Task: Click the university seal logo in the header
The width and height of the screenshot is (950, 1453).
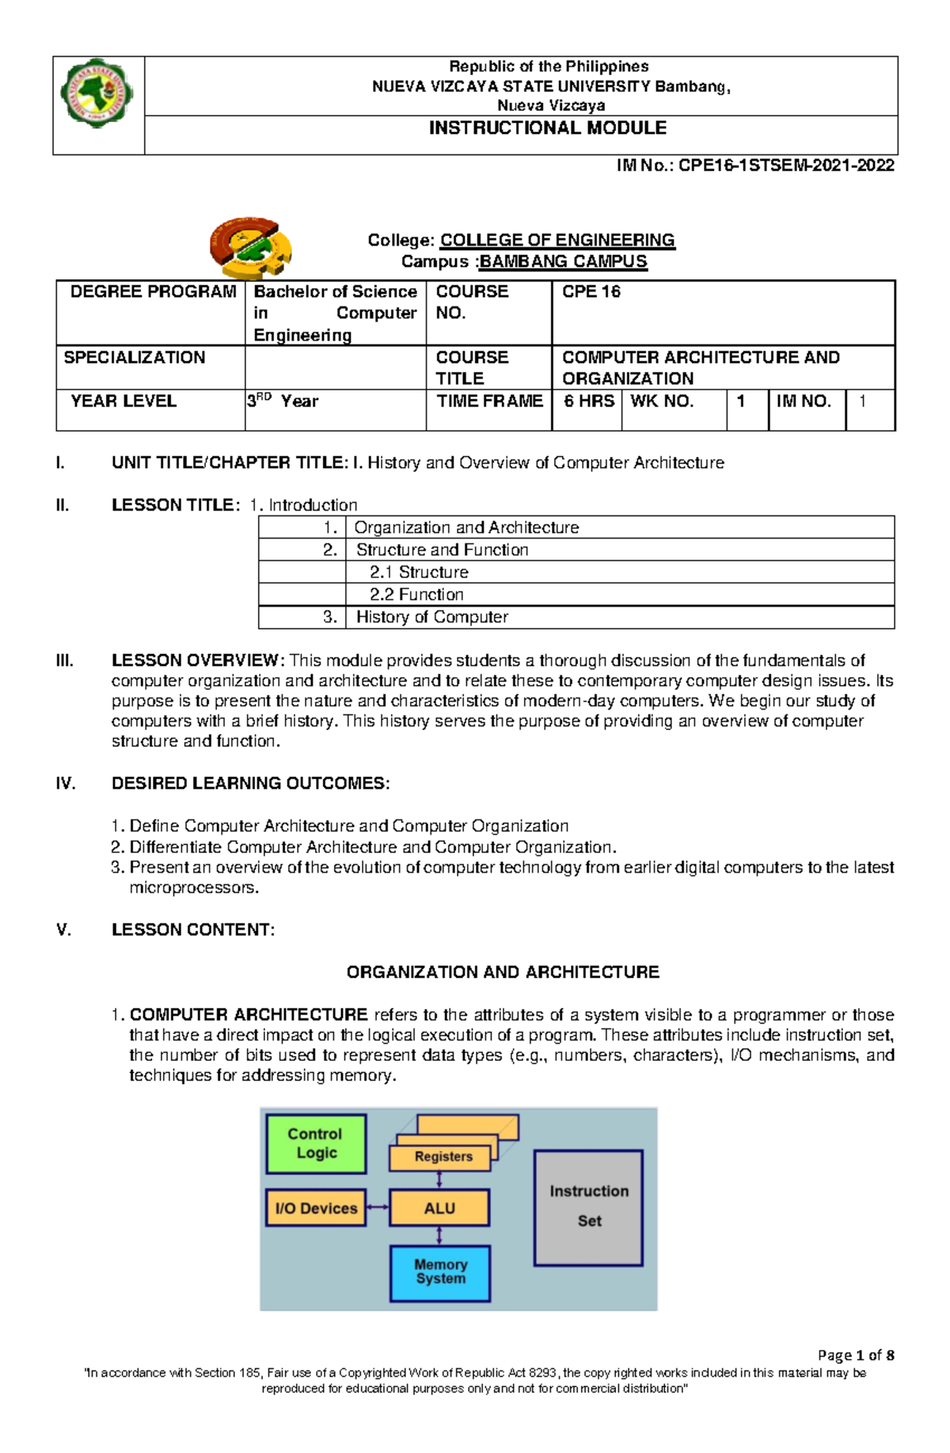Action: pyautogui.click(x=97, y=93)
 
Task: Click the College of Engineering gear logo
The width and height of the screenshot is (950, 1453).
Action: pyautogui.click(x=251, y=247)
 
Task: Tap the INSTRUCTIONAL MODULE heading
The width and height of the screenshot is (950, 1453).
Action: pyautogui.click(x=547, y=128)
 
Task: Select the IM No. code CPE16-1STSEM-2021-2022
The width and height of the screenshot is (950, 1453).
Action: pyautogui.click(x=755, y=165)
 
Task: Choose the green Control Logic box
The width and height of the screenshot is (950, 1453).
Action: pyautogui.click(x=316, y=1143)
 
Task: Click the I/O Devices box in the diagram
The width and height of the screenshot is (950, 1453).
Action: pyautogui.click(x=316, y=1208)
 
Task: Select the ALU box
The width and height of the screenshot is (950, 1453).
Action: pyautogui.click(x=439, y=1208)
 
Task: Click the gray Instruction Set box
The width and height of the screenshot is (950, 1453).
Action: pyautogui.click(x=588, y=1207)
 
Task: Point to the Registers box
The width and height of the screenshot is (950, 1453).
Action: pyautogui.click(x=443, y=1157)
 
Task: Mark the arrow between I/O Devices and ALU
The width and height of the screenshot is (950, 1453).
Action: pyautogui.click(x=378, y=1208)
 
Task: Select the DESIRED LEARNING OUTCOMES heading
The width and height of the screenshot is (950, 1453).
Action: pyautogui.click(x=250, y=784)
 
